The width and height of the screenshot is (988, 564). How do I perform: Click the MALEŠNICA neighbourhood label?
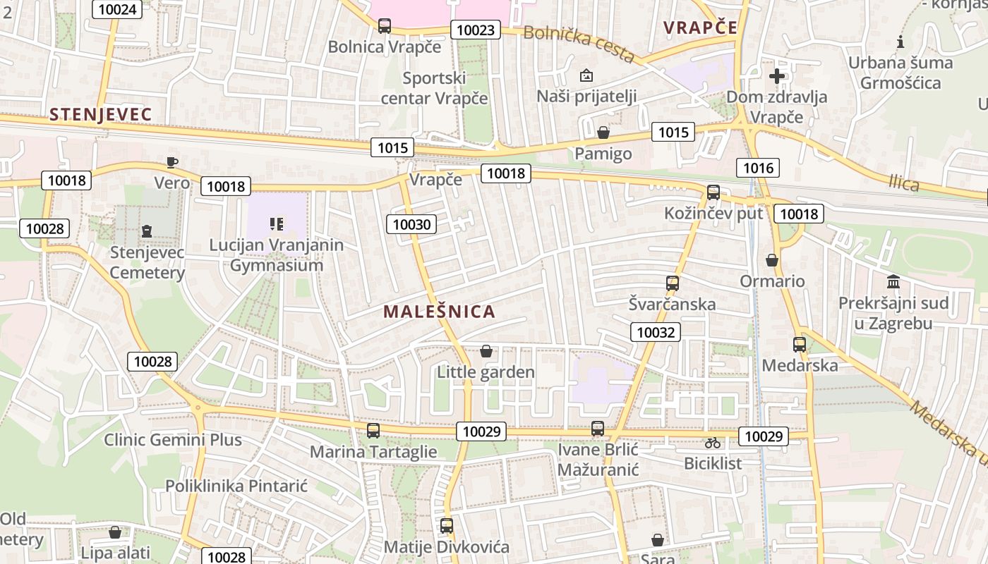pyautogui.click(x=439, y=312)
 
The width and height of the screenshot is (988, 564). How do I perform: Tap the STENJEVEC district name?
pyautogui.click(x=101, y=114)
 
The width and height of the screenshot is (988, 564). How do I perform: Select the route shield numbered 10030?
pyautogui.click(x=411, y=224)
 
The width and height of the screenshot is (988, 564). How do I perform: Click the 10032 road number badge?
pyautogui.click(x=656, y=332)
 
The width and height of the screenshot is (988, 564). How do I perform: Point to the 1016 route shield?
pyautogui.click(x=759, y=168)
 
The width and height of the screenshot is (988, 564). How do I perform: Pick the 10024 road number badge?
pyautogui.click(x=117, y=9)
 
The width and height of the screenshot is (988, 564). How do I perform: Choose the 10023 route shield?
pyautogui.click(x=476, y=30)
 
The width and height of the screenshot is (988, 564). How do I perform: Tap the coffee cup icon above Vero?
pyautogui.click(x=171, y=162)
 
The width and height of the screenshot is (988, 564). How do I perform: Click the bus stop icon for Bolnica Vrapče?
pyautogui.click(x=385, y=26)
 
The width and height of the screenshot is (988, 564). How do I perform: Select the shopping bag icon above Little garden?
pyautogui.click(x=486, y=350)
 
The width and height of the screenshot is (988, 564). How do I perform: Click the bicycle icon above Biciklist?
pyautogui.click(x=713, y=443)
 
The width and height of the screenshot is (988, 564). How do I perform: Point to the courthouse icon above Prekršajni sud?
pyautogui.click(x=893, y=282)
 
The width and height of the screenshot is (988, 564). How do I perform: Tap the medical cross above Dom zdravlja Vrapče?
pyautogui.click(x=777, y=76)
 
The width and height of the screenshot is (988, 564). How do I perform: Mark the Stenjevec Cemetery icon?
pyautogui.click(x=147, y=231)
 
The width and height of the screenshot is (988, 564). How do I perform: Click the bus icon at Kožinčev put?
pyautogui.click(x=713, y=192)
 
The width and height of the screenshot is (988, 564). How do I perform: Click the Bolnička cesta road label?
pyautogui.click(x=579, y=43)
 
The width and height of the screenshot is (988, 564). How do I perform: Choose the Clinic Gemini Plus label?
pyautogui.click(x=173, y=440)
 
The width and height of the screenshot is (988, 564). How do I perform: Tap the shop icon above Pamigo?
pyautogui.click(x=603, y=133)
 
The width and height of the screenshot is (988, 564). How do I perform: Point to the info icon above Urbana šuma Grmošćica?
pyautogui.click(x=900, y=42)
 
